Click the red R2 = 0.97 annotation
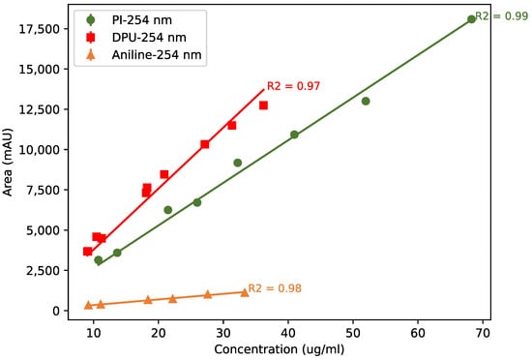point(293,86)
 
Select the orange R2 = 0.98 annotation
point(275,288)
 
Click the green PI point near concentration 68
point(471,19)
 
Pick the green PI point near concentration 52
point(366,101)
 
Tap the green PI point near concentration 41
point(294,135)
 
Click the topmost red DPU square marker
point(263,105)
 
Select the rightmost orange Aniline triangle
point(244,292)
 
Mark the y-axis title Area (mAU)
point(9,164)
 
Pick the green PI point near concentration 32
point(237,163)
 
